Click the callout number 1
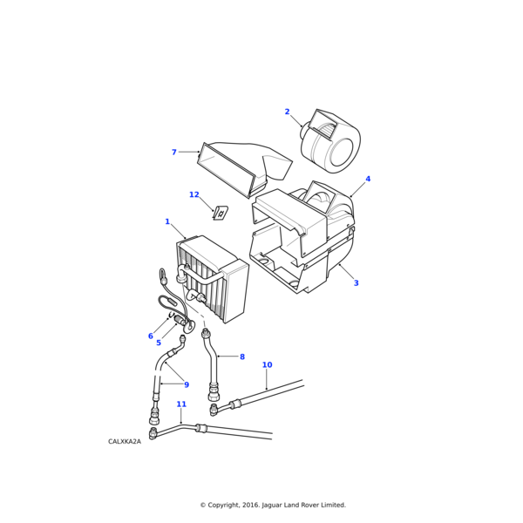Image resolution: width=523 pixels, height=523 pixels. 167,221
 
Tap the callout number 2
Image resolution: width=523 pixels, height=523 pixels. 287,112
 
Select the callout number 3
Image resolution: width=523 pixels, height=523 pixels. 356,282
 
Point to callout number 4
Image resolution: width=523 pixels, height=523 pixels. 368,179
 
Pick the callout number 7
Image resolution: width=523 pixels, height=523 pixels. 173,152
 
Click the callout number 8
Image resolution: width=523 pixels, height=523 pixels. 242,357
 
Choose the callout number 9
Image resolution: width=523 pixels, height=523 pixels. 187,385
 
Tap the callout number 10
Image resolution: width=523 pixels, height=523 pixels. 268,365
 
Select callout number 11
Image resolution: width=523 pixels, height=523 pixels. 181,404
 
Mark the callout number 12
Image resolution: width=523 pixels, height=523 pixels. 194,194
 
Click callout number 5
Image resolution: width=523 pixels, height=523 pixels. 159,343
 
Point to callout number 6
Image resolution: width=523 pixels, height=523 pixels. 151,336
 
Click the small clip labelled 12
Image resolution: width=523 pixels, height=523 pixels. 221,213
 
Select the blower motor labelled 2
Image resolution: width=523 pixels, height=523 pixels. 330,141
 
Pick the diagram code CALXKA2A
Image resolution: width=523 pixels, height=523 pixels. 125,442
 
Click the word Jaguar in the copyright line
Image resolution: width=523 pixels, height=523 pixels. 271,505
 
